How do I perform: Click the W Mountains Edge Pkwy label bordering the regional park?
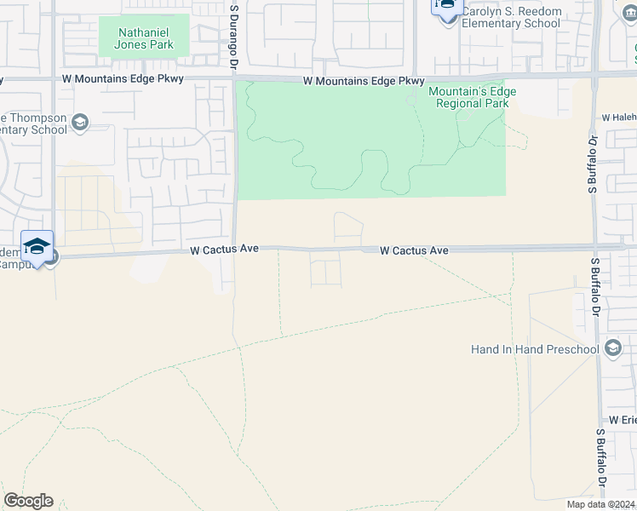[364, 81]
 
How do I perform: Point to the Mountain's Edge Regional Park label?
[472, 97]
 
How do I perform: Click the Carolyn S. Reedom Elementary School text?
[511, 18]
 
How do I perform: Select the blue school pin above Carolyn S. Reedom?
[446, 6]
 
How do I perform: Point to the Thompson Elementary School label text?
[34, 123]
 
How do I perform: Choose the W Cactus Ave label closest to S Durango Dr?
[223, 250]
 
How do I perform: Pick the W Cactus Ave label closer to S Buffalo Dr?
[414, 250]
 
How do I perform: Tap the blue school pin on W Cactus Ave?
[37, 247]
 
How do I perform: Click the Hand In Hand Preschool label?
[535, 349]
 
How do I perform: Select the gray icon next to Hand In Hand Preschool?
[612, 348]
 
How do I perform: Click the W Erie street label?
[623, 421]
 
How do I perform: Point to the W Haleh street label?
[618, 117]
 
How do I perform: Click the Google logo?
[28, 501]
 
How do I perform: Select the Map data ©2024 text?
[600, 504]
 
